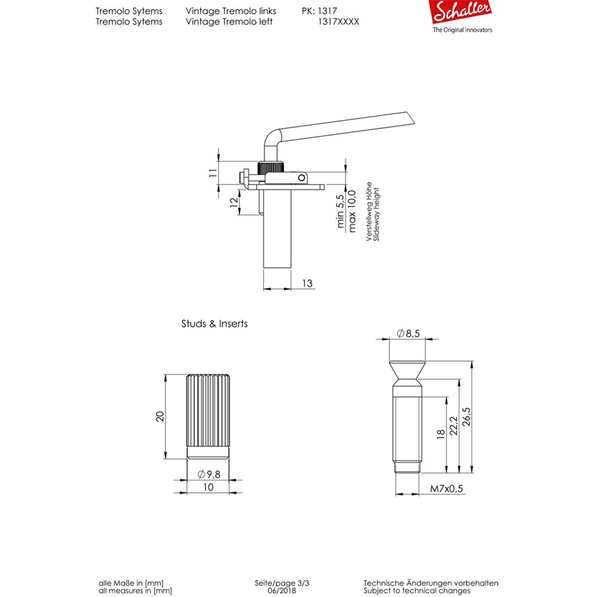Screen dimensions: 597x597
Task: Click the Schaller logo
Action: click(463, 13)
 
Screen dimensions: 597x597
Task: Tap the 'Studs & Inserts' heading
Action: click(214, 324)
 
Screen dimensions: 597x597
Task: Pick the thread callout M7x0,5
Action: click(447, 489)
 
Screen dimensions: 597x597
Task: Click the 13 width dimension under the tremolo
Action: click(307, 284)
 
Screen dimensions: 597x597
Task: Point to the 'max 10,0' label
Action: click(352, 210)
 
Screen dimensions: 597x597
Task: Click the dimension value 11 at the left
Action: click(211, 173)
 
